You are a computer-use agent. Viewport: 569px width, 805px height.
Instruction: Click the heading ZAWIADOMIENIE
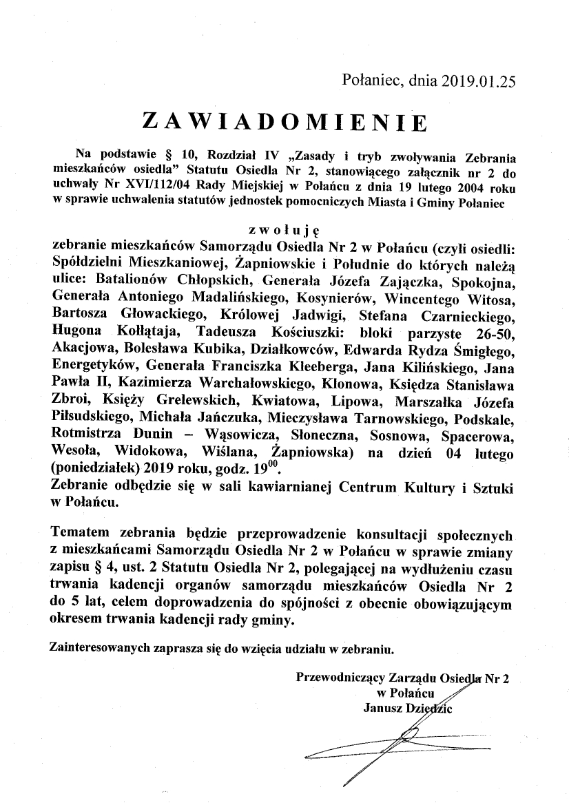coord(284,121)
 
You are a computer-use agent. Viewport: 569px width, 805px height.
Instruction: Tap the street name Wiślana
coord(227,453)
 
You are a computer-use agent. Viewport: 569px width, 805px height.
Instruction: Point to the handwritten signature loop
coord(406,738)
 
